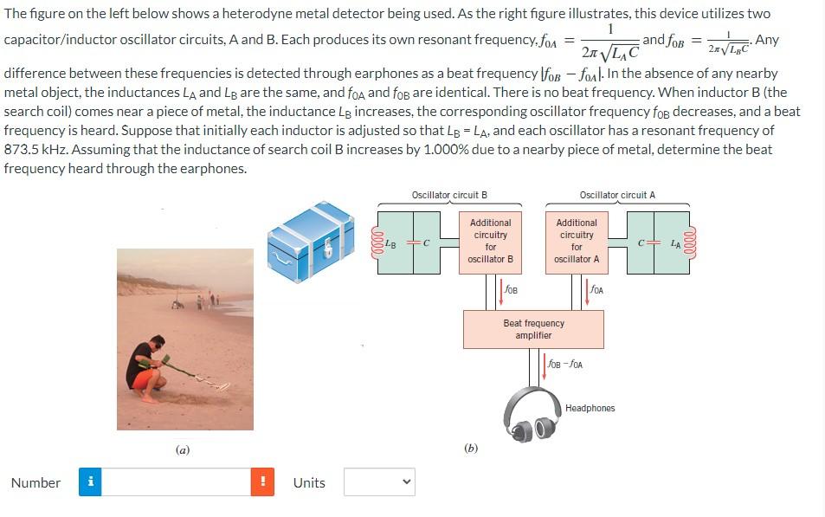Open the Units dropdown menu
(x=379, y=482)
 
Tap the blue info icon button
(x=90, y=482)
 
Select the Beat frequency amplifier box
(x=533, y=329)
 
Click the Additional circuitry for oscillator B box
(x=491, y=241)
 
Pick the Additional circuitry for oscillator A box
(x=577, y=241)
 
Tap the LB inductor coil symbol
(x=377, y=242)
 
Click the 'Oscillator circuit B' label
(x=449, y=195)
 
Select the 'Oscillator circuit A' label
(x=617, y=195)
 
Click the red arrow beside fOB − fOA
(x=545, y=364)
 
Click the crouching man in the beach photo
(x=149, y=368)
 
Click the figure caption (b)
(x=471, y=448)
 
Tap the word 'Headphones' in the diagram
(x=590, y=408)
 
